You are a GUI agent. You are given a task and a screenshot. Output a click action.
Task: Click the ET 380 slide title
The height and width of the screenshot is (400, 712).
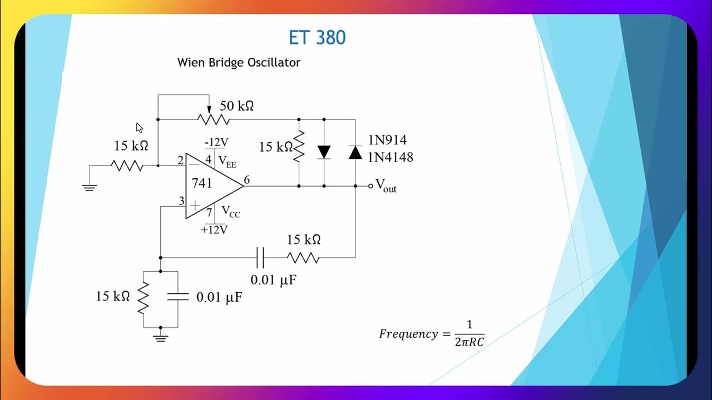tap(317, 38)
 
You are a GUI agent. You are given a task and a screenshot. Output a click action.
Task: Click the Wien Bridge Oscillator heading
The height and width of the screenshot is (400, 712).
tap(239, 62)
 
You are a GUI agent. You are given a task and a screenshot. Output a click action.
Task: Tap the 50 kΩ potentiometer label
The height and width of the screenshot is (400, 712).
tap(237, 106)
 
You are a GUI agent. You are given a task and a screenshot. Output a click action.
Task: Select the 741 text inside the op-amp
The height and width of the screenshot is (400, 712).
tap(202, 183)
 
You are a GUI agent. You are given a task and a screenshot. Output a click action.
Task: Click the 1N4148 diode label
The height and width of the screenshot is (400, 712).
tap(390, 157)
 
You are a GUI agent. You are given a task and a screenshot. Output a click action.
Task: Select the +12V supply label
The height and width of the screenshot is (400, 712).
tap(214, 229)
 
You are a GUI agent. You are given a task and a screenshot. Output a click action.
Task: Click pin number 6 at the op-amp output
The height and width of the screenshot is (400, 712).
tap(246, 179)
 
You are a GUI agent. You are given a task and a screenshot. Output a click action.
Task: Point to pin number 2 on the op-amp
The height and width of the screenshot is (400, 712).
tap(181, 161)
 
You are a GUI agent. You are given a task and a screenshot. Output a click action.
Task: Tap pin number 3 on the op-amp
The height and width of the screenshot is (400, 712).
tap(181, 201)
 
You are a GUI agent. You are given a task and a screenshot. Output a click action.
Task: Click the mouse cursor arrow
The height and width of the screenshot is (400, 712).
tap(139, 127)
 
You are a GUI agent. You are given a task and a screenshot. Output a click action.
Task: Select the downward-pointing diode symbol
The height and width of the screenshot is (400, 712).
tap(324, 152)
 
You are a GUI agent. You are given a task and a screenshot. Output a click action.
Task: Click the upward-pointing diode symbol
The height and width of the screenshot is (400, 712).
tap(355, 152)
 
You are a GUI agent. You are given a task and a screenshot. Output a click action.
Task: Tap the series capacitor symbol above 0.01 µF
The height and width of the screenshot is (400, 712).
tap(260, 258)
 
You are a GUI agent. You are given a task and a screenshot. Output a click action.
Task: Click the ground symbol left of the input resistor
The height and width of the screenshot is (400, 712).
tap(89, 187)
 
